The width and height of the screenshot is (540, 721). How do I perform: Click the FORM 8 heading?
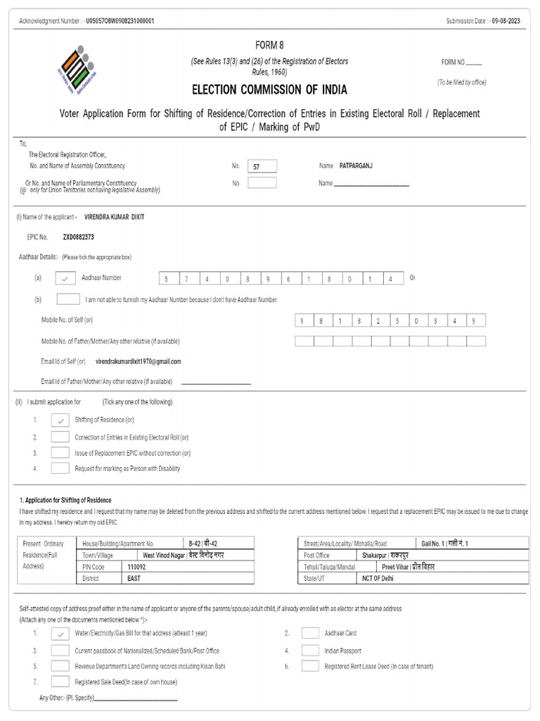tap(269, 44)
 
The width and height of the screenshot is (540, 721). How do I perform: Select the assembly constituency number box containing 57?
tap(262, 166)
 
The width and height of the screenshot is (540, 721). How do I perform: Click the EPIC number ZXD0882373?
tap(78, 237)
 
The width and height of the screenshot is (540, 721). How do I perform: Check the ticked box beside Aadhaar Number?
tap(65, 278)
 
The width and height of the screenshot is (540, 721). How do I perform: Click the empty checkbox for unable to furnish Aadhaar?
tap(67, 299)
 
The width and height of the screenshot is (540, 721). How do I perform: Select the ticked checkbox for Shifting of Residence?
tap(60, 420)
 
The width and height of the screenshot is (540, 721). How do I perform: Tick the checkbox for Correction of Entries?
tap(60, 437)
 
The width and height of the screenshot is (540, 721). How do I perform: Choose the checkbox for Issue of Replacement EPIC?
tap(60, 453)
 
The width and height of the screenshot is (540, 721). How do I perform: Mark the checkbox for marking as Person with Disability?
tap(60, 468)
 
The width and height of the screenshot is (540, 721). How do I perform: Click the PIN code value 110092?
tap(138, 566)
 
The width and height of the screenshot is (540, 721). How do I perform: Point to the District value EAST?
tap(134, 578)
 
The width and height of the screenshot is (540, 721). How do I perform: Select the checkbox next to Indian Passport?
tap(310, 650)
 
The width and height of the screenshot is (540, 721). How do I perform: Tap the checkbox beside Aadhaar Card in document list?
tap(310, 633)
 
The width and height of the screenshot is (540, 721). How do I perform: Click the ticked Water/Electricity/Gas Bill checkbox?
tap(60, 634)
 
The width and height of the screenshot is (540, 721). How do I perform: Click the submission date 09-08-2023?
tap(508, 21)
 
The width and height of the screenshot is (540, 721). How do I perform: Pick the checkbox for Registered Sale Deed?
tap(60, 682)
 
